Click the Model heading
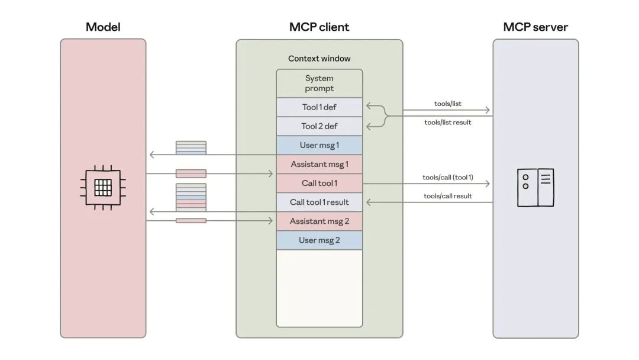(103, 27)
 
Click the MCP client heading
(319, 27)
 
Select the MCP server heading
(535, 27)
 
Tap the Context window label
(319, 59)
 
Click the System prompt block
(319, 83)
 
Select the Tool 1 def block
(319, 107)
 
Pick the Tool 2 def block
(319, 126)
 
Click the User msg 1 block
(319, 145)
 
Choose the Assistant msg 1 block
(319, 164)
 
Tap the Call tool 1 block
(319, 183)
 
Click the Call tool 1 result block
(319, 202)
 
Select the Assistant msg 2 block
(319, 221)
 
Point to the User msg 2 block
(319, 240)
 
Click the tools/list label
(447, 104)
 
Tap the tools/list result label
(447, 123)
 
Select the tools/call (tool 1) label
(447, 177)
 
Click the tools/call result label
(447, 196)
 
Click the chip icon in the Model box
(103, 187)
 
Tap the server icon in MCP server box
(535, 187)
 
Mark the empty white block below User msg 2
(319, 287)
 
